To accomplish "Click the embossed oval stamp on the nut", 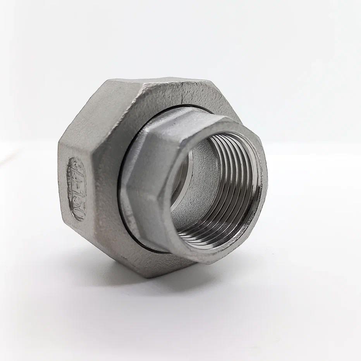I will pyautogui.click(x=76, y=189).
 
